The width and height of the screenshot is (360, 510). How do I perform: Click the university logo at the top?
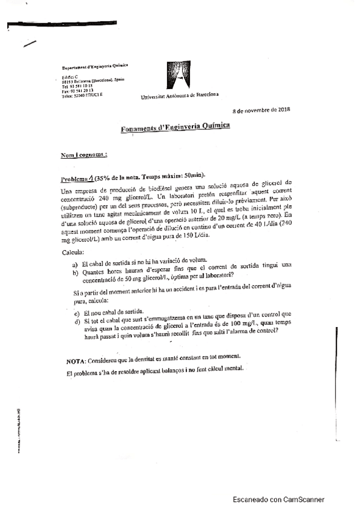pyautogui.click(x=179, y=77)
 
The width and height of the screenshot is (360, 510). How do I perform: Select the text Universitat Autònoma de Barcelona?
pyautogui.click(x=179, y=96)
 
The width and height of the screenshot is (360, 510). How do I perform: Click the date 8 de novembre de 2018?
pyautogui.click(x=261, y=110)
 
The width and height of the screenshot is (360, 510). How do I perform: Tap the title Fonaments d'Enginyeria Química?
pyautogui.click(x=174, y=127)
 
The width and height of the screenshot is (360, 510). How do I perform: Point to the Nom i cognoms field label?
pyautogui.click(x=84, y=155)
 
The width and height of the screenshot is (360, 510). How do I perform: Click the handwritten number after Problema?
pyautogui.click(x=91, y=177)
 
